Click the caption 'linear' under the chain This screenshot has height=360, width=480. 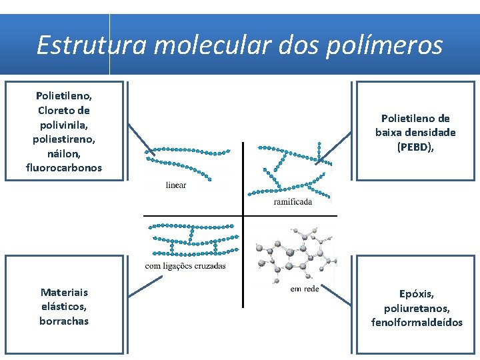176,185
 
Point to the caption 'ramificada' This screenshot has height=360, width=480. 293,202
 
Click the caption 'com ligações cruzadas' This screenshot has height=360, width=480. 185,266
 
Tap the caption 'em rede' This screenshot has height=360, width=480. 305,288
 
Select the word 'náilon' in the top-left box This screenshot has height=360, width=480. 64,153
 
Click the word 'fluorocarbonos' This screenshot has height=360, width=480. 64,167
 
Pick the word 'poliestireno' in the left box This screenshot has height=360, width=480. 64,139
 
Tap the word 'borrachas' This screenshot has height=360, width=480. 64,321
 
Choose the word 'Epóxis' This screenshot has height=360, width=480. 417,293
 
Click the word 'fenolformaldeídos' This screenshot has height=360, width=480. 417,323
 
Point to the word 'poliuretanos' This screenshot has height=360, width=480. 417,308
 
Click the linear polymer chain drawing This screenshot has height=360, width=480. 188,151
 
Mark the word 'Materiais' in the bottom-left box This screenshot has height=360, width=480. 64,292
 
